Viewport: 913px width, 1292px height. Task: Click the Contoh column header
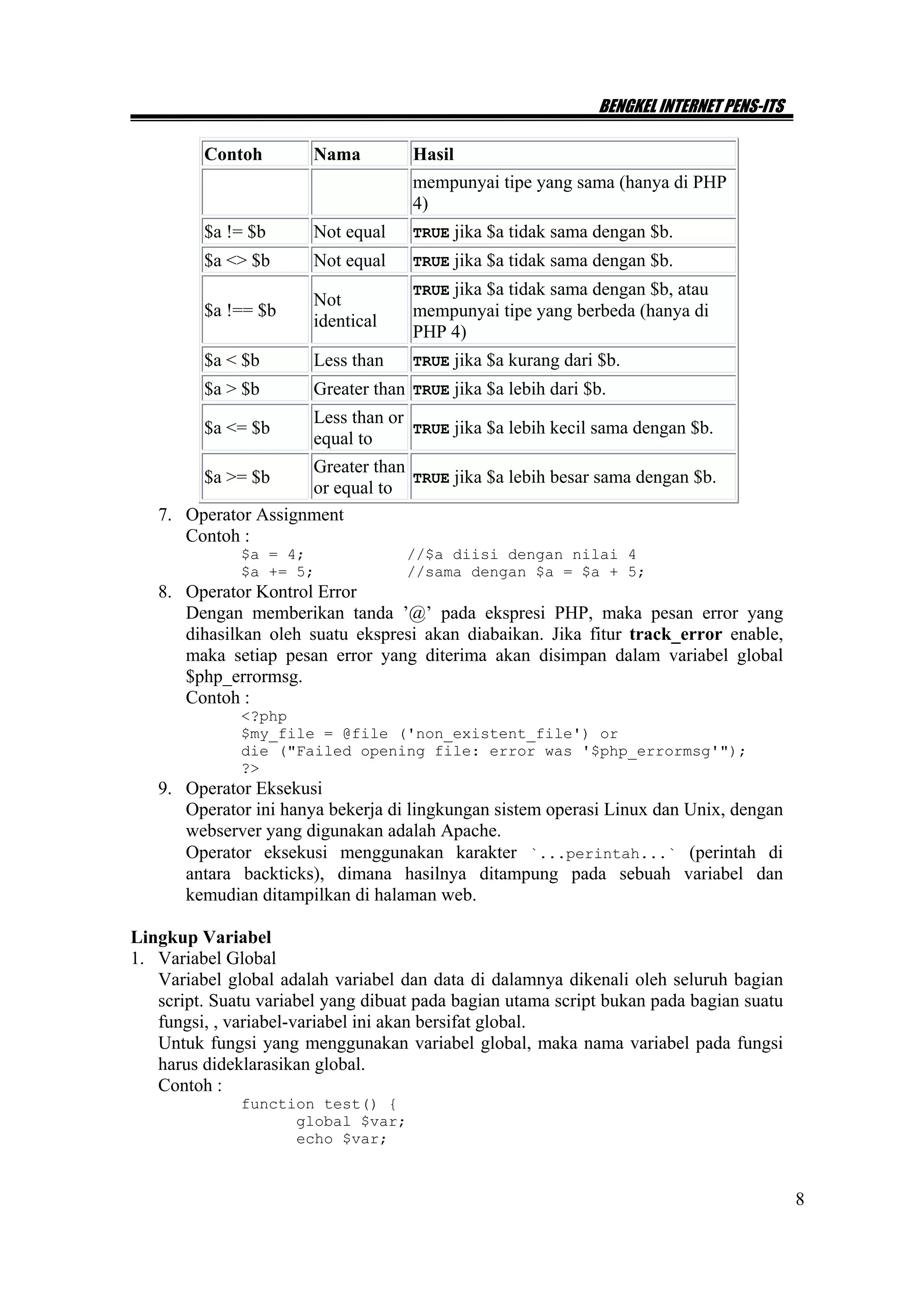coord(233,154)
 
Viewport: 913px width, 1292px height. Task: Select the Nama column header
coord(337,154)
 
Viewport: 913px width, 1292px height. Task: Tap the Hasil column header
coord(433,154)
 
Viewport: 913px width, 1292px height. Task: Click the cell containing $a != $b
coord(234,232)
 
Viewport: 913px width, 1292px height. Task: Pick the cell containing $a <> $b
coord(237,260)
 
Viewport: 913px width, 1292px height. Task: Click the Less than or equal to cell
coord(358,428)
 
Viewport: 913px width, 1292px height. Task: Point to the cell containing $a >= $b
coord(237,477)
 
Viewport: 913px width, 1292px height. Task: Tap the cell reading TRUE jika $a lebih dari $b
coord(509,389)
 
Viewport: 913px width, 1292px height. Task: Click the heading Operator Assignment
coord(264,514)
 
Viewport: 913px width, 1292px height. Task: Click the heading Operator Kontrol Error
coord(271,592)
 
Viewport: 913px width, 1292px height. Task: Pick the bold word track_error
coord(675,634)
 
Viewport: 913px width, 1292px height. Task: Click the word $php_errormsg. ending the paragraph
coord(244,676)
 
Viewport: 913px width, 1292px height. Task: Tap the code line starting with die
coord(493,751)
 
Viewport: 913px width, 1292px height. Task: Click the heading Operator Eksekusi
coord(254,788)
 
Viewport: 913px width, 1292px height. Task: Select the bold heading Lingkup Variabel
coord(201,937)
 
